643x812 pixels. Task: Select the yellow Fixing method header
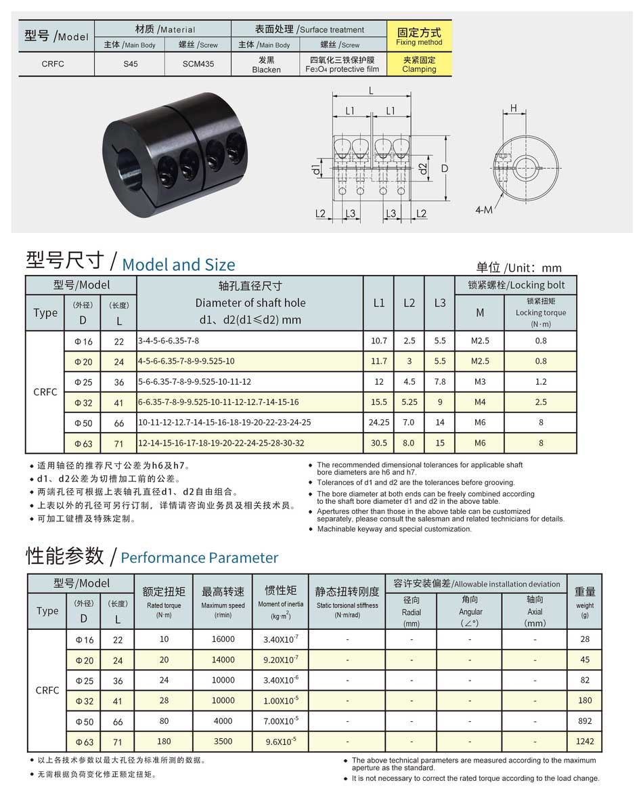click(x=419, y=37)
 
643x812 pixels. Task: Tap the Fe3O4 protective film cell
click(x=342, y=64)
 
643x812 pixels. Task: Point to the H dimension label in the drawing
click(x=514, y=108)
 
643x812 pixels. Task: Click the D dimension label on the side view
click(x=445, y=167)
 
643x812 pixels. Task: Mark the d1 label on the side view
click(x=317, y=167)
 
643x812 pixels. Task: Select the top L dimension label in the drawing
click(x=372, y=91)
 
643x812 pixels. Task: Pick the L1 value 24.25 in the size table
click(x=378, y=423)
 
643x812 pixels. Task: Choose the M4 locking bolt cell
click(x=480, y=402)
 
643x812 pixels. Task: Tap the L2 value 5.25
click(x=409, y=402)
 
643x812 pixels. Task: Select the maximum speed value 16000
click(x=223, y=639)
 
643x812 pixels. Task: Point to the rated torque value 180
click(x=164, y=742)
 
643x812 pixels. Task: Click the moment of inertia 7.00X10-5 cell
click(x=280, y=721)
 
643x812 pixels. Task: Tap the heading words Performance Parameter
click(x=199, y=558)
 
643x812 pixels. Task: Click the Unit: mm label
click(x=518, y=268)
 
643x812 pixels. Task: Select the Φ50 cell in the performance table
click(x=84, y=721)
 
